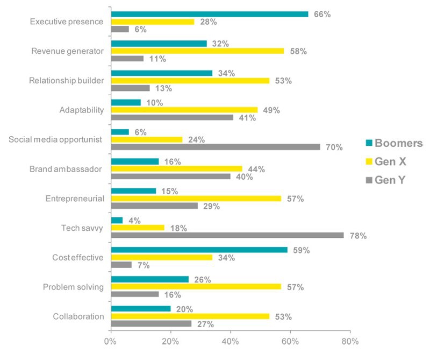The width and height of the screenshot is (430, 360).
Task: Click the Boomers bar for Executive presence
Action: click(209, 14)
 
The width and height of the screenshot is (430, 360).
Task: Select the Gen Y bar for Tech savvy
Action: click(227, 235)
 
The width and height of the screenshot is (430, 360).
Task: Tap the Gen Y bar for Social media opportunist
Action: click(215, 146)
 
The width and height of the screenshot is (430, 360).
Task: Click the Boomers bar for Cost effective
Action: click(199, 250)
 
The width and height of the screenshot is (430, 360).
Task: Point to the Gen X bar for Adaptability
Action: click(184, 110)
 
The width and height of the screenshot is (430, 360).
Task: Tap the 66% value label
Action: click(322, 14)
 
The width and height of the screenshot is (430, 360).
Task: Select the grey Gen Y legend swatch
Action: click(368, 180)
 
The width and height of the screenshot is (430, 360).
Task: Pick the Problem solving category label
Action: click(73, 287)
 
